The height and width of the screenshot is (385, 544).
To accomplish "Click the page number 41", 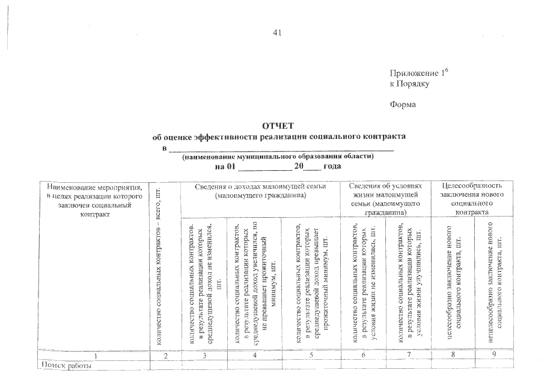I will click(x=277, y=33).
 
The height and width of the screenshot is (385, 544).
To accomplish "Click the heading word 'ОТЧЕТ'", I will click(x=278, y=126).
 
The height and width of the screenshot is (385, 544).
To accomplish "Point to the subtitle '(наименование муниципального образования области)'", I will click(x=278, y=156).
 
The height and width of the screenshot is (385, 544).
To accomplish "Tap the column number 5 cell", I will click(x=310, y=356).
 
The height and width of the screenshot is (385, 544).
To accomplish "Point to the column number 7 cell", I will click(x=408, y=356).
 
